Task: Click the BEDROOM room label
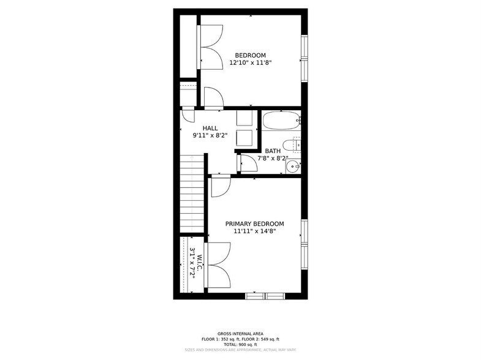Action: tap(251, 55)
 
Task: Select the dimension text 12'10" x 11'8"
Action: tap(251, 62)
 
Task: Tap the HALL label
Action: tap(210, 128)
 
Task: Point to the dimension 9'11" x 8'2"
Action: tap(210, 135)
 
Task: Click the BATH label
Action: tap(273, 150)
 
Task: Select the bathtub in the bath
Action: tap(281, 121)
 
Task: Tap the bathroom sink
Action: tap(294, 165)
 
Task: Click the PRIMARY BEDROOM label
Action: tap(254, 224)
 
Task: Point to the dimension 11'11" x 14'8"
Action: tap(254, 231)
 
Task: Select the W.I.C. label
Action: tap(191, 263)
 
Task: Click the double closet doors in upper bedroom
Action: tap(211, 47)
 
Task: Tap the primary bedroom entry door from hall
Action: tap(220, 186)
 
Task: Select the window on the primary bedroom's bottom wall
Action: tap(264, 296)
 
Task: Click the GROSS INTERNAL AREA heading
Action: tap(240, 334)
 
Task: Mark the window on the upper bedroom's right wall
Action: tap(304, 58)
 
